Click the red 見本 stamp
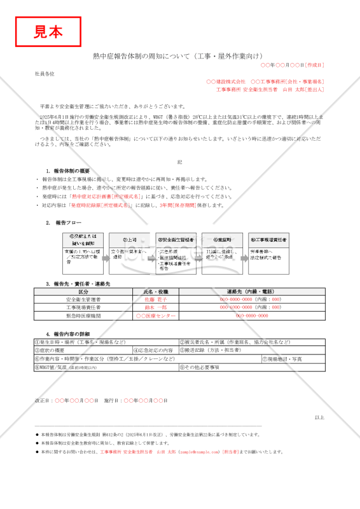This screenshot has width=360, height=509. pyautogui.click(x=48, y=31)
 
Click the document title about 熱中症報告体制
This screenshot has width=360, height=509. pyautogui.click(x=179, y=56)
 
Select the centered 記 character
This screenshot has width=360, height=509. pyautogui.click(x=180, y=162)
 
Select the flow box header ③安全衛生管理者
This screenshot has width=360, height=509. pyautogui.click(x=176, y=240)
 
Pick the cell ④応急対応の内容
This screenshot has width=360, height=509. pyautogui.click(x=155, y=350)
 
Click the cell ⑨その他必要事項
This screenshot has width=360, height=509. pyautogui.click(x=200, y=367)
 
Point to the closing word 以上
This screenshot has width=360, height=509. pyautogui.click(x=319, y=417)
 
